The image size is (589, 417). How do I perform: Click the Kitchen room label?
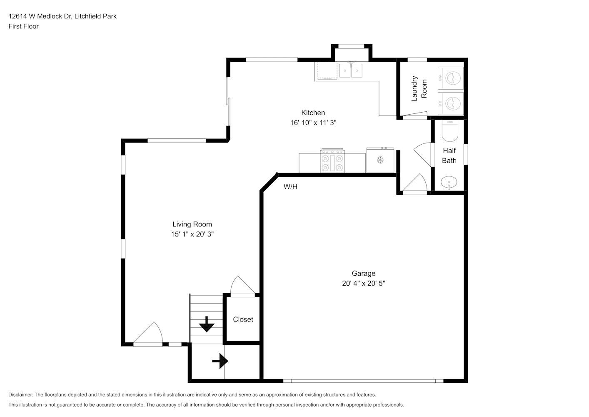pyautogui.click(x=313, y=113)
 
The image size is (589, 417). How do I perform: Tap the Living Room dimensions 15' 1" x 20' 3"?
pyautogui.click(x=192, y=234)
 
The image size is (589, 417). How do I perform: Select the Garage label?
pyautogui.click(x=363, y=273)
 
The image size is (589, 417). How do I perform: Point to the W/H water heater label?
pyautogui.click(x=290, y=187)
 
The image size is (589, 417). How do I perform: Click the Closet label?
pyautogui.click(x=243, y=319)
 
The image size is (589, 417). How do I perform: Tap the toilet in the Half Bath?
pyautogui.click(x=450, y=131)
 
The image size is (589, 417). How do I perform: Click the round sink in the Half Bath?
pyautogui.click(x=449, y=182)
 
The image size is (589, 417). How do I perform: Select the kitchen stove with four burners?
pyautogui.click(x=332, y=161)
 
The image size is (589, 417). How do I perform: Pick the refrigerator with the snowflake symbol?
pyautogui.click(x=380, y=160)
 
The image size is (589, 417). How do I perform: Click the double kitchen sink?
pyautogui.click(x=351, y=70)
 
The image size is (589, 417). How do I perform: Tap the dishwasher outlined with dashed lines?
pyautogui.click(x=327, y=70)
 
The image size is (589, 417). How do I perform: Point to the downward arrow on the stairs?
pyautogui.click(x=207, y=324)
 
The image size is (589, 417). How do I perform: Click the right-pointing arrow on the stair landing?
pyautogui.click(x=220, y=361)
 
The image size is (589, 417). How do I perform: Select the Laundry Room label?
pyautogui.click(x=419, y=89)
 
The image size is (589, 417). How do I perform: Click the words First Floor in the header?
pyautogui.click(x=23, y=26)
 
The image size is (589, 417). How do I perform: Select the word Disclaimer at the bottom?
pyautogui.click(x=21, y=394)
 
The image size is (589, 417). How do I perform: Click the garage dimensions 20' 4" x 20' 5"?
pyautogui.click(x=363, y=283)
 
